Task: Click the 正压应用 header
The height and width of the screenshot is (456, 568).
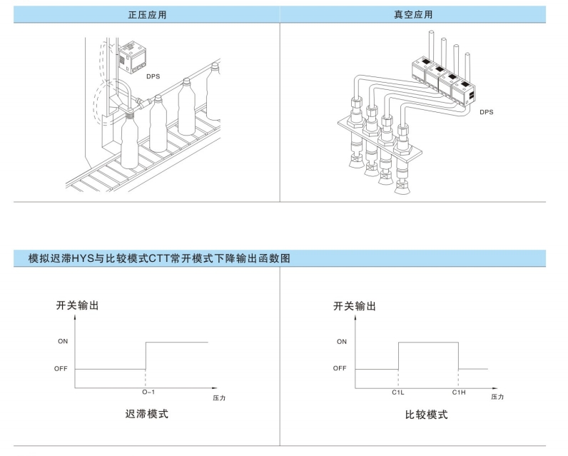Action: [147, 15]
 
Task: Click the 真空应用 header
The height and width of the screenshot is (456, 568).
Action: [413, 14]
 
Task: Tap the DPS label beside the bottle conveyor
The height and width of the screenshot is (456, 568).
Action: [153, 76]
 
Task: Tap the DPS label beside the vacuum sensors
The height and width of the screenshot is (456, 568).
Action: [486, 112]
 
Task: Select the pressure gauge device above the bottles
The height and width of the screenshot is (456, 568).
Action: [133, 57]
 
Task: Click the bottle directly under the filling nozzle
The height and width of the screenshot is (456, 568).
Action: [129, 141]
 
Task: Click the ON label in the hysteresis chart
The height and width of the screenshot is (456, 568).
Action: [63, 341]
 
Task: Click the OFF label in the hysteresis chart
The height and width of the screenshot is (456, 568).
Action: [61, 369]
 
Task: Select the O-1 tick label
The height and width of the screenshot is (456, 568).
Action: [148, 392]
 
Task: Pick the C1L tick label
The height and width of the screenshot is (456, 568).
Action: [397, 392]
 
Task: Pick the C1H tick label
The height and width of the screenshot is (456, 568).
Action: [459, 392]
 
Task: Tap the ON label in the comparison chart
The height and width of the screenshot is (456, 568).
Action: [342, 342]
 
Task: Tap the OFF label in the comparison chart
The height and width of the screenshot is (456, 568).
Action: [340, 368]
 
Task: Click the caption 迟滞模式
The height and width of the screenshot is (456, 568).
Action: [147, 414]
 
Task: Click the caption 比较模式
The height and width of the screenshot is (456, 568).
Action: [427, 415]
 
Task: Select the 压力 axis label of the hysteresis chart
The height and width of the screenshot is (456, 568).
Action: [219, 398]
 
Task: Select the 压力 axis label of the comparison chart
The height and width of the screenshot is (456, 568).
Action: [497, 397]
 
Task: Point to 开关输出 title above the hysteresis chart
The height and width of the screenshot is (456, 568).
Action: [77, 305]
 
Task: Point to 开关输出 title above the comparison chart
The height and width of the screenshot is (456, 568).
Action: [354, 306]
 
